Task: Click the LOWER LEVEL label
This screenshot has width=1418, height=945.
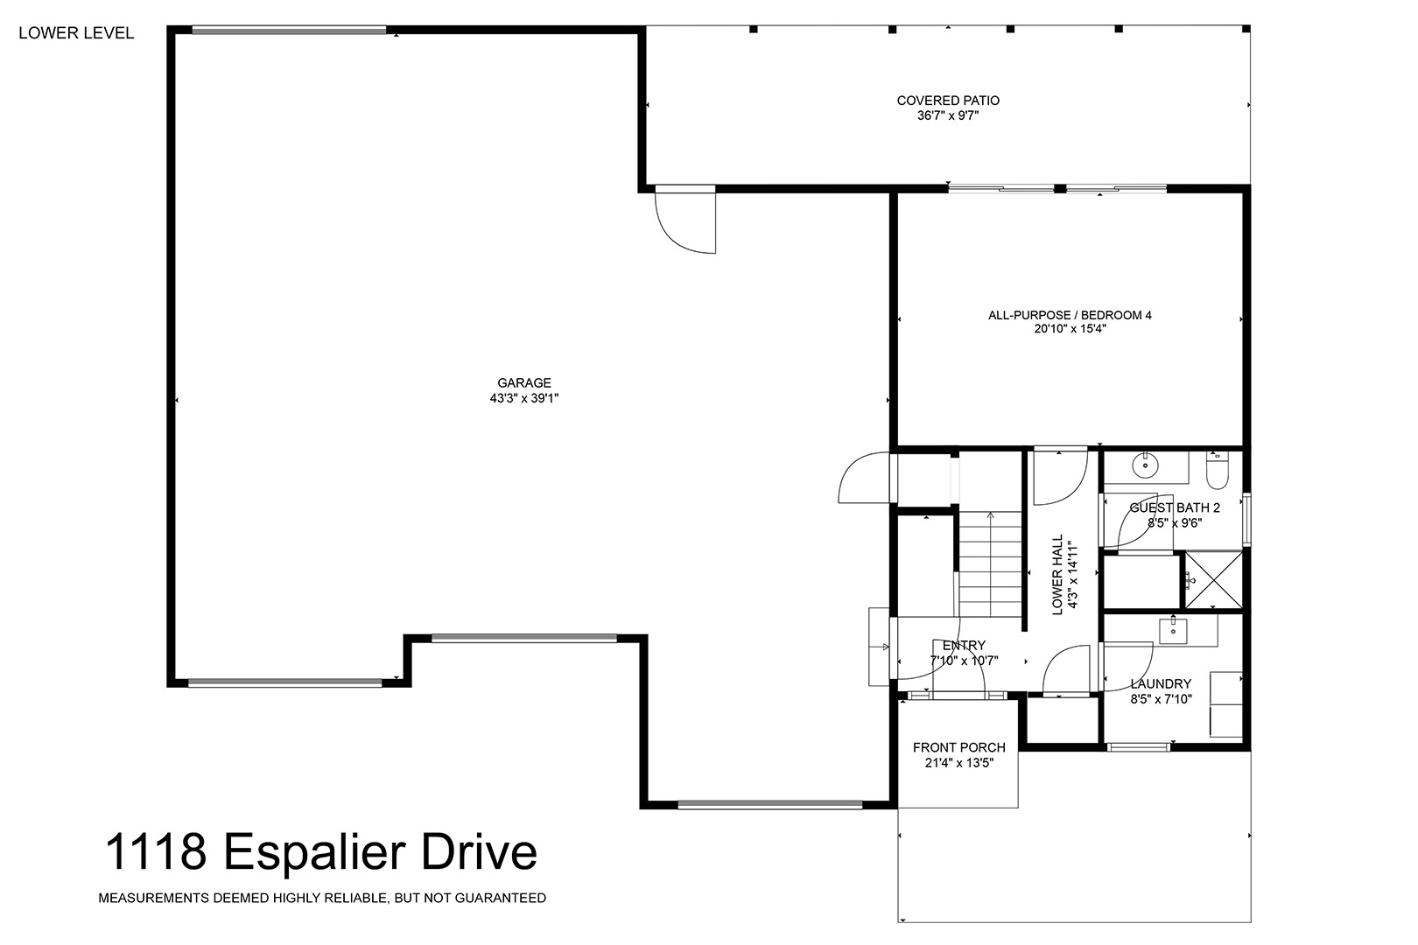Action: click(76, 33)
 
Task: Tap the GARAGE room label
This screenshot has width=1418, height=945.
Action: click(524, 383)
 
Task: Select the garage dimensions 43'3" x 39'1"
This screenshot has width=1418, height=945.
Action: click(524, 398)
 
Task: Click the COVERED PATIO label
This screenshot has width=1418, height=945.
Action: click(948, 100)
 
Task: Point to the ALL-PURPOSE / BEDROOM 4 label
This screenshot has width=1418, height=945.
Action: click(1070, 315)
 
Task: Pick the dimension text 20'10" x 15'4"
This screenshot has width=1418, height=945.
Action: click(1070, 329)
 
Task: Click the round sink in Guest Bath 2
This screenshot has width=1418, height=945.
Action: click(1145, 465)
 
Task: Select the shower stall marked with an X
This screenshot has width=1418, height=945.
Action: click(1213, 580)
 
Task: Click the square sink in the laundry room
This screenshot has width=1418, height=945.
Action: click(1173, 631)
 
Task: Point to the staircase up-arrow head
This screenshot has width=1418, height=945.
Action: click(990, 516)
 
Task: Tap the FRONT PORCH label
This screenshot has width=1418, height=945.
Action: click(958, 747)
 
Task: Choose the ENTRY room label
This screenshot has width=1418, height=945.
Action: click(964, 645)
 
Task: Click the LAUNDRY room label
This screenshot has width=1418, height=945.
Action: click(1161, 683)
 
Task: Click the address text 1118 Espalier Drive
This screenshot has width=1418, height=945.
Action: click(321, 852)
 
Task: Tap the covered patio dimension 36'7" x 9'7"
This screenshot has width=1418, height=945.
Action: click(948, 115)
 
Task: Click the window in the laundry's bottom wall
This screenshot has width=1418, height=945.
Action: click(1138, 747)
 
